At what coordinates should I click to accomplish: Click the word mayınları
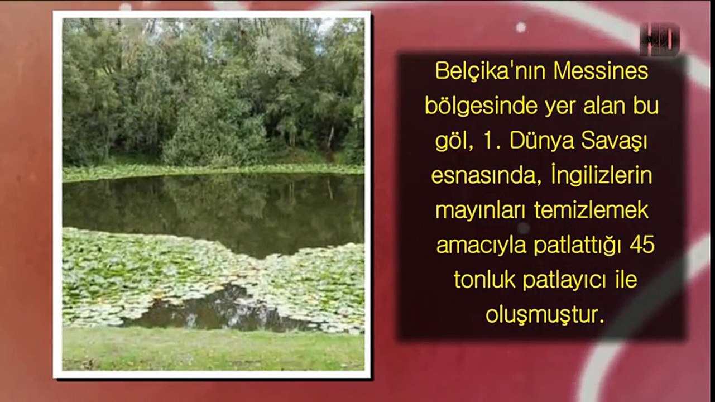pos(481,211)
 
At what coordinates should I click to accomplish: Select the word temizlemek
pos(591,210)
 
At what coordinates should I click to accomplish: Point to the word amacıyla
pos(481,246)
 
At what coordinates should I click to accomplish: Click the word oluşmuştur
pos(545,315)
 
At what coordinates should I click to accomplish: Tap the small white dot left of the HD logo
pos(521,27)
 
